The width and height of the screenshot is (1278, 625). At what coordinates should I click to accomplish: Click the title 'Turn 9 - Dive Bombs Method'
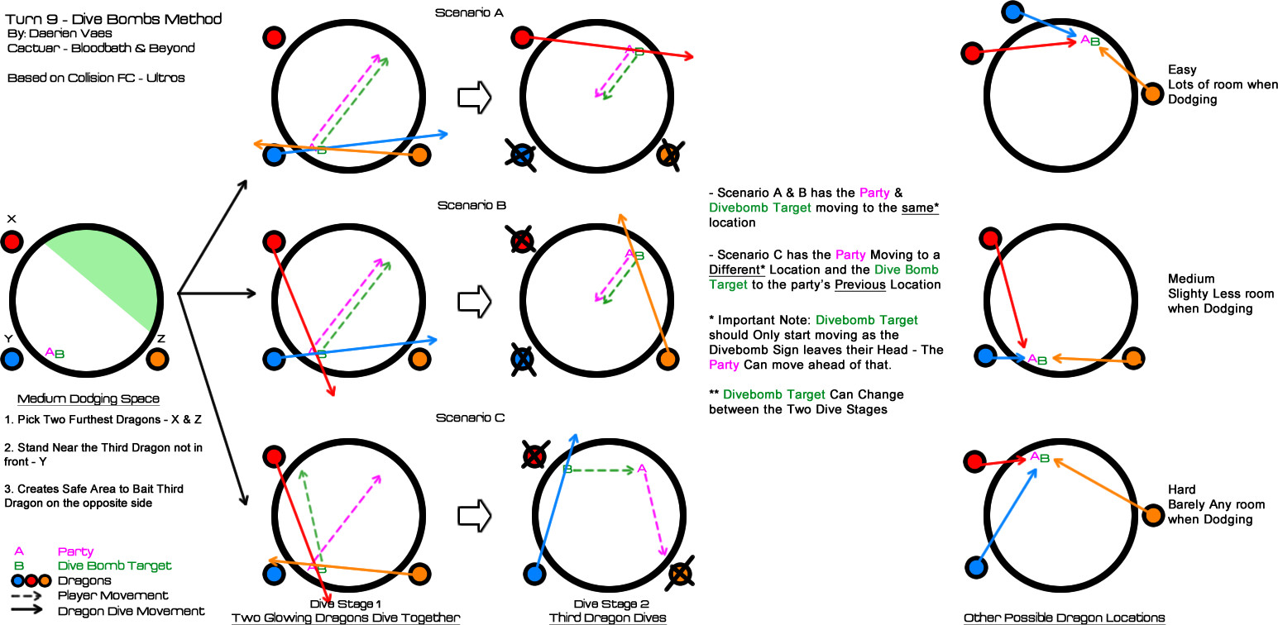(x=113, y=18)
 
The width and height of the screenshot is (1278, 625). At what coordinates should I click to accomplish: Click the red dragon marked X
(x=12, y=242)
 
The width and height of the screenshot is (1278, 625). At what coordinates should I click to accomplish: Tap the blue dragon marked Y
(x=12, y=359)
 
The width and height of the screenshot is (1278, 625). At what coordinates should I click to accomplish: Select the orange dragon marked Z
(x=158, y=359)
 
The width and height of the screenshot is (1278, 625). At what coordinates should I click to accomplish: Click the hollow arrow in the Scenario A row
(x=475, y=97)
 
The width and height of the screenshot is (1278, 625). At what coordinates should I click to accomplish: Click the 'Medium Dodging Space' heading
(x=89, y=399)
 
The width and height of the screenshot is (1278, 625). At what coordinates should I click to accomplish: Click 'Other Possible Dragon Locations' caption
(x=1064, y=618)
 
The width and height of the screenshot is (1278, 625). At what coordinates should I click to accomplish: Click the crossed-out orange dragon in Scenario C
(x=680, y=574)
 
